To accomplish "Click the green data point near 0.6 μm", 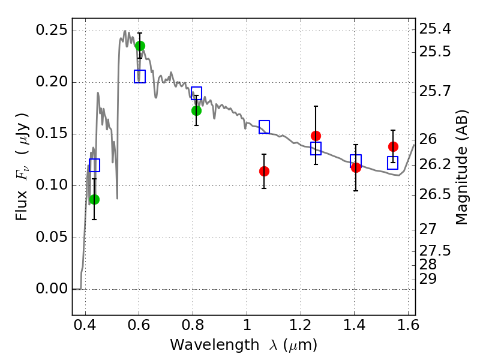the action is tap(140, 46).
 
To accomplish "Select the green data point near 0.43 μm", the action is tap(95, 199).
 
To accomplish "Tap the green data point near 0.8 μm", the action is tap(197, 110).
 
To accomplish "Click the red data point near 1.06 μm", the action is tap(264, 171).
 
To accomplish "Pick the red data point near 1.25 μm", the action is tap(316, 136).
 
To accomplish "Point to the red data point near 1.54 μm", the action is tap(394, 146).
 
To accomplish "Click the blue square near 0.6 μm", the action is tap(140, 76).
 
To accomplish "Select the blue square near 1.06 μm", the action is tap(264, 127).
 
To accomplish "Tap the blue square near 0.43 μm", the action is tap(95, 166).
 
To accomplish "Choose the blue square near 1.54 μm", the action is tap(393, 163).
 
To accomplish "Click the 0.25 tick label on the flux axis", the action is tap(52, 31).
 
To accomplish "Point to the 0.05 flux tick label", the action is tap(52, 237).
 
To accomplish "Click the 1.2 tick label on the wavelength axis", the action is tap(301, 325).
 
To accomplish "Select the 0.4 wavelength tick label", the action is tap(85, 325).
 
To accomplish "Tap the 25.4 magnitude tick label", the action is tap(435, 29).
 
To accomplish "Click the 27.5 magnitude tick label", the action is tap(435, 251).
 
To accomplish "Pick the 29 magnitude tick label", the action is tap(428, 279).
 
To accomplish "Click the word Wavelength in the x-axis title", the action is tap(215, 345).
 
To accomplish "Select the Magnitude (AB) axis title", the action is tap(461, 167).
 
